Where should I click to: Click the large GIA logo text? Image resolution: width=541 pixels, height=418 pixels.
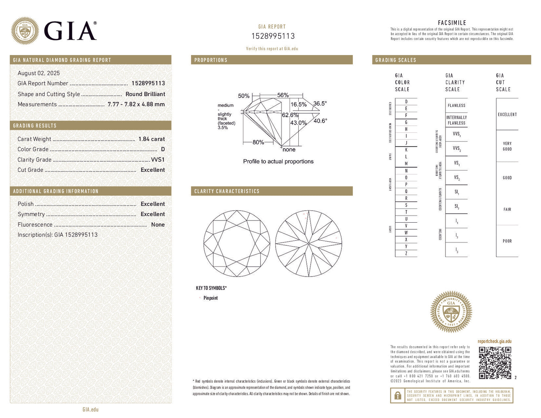pyautogui.click(x=70, y=31)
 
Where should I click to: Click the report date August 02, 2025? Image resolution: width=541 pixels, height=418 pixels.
pyautogui.click(x=39, y=73)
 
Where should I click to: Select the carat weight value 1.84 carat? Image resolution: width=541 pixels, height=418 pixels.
pyautogui.click(x=151, y=139)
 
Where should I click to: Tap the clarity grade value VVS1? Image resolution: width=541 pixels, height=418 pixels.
pyautogui.click(x=158, y=160)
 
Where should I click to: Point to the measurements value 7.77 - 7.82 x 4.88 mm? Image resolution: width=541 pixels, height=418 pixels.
pyautogui.click(x=136, y=104)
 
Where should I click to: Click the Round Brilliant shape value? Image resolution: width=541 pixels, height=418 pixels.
pyautogui.click(x=145, y=94)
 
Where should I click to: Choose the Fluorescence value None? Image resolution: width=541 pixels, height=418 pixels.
pyautogui.click(x=158, y=225)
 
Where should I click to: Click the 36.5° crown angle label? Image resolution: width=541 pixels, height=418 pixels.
pyautogui.click(x=320, y=104)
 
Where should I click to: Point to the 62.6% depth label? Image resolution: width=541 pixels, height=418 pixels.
pyautogui.click(x=290, y=115)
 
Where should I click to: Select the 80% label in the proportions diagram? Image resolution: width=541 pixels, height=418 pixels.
pyautogui.click(x=258, y=143)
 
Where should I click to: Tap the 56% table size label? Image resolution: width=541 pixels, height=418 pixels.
pyautogui.click(x=283, y=95)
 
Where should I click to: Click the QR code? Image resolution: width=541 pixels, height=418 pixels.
pyautogui.click(x=495, y=363)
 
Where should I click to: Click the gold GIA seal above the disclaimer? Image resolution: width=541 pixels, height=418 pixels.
pyautogui.click(x=451, y=312)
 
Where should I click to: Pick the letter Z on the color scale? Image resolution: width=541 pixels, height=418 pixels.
pyautogui.click(x=406, y=254)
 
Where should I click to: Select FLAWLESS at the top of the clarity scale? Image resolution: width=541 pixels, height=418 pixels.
pyautogui.click(x=456, y=106)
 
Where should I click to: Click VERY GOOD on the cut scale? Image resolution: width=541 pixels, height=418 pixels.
pyautogui.click(x=507, y=146)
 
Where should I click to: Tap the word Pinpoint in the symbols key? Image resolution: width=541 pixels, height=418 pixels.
pyautogui.click(x=210, y=298)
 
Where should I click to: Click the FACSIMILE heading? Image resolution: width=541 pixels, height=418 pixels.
pyautogui.click(x=452, y=23)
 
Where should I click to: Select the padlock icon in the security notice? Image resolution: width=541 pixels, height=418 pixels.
pyautogui.click(x=398, y=396)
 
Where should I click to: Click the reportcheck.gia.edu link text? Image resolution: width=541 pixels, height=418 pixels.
pyautogui.click(x=494, y=341)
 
